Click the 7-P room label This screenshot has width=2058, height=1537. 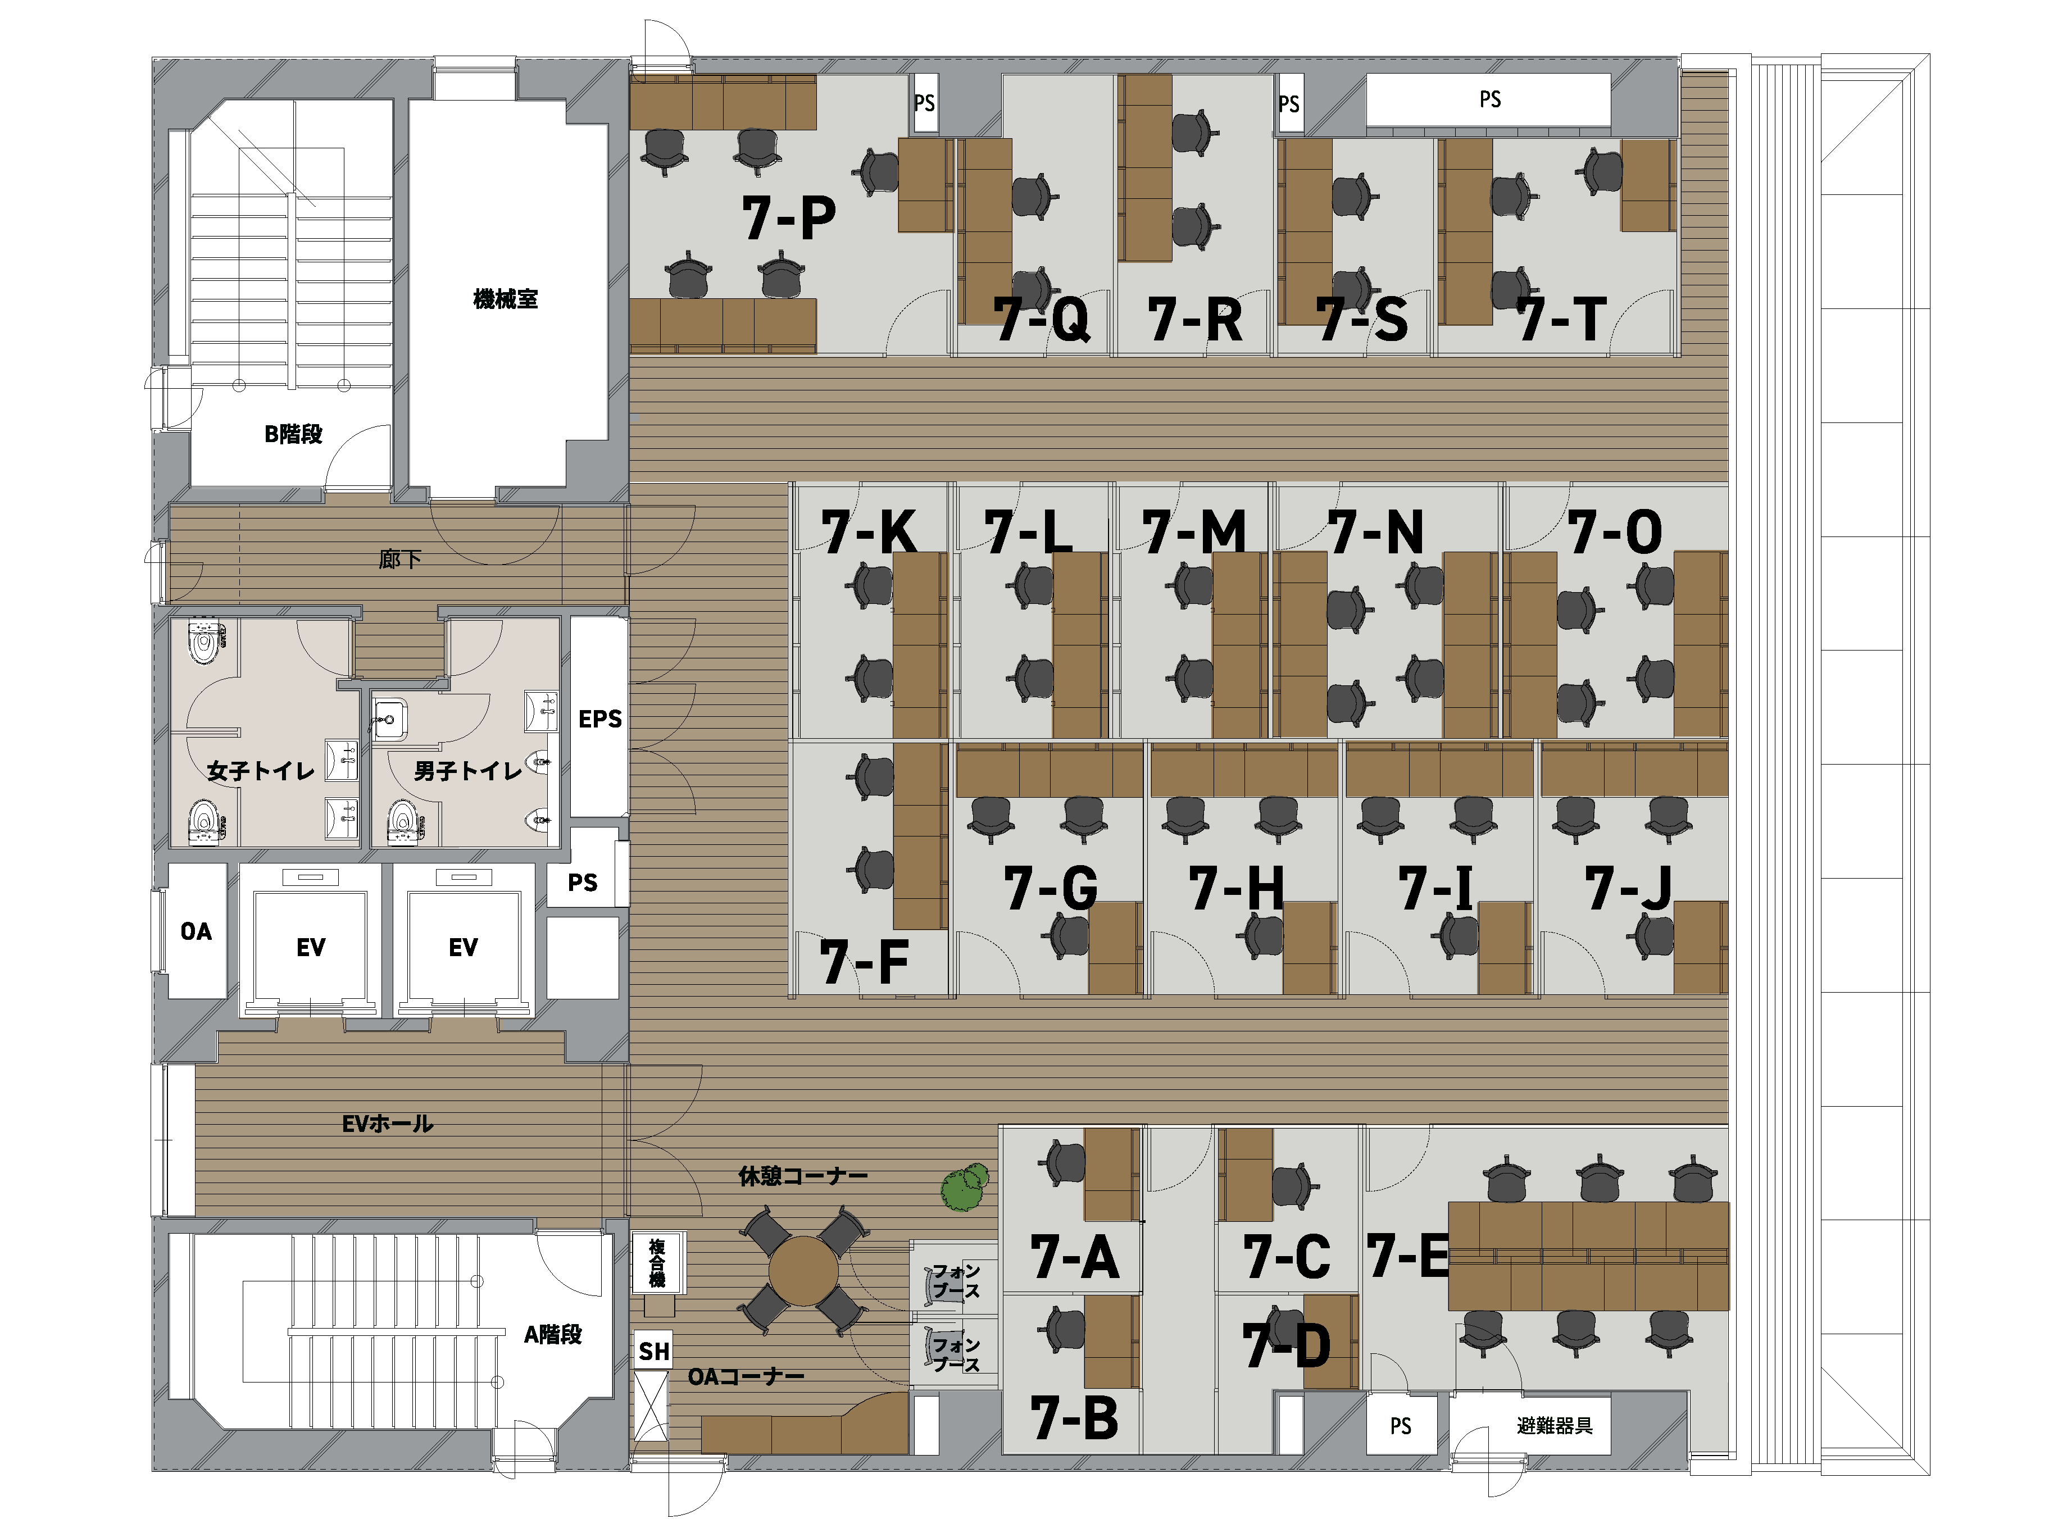(788, 219)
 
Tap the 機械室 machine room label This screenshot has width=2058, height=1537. (505, 299)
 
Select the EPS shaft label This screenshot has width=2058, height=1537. (600, 719)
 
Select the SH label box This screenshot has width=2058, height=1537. (653, 1351)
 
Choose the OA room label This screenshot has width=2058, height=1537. (196, 931)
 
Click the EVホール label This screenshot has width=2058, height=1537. (387, 1124)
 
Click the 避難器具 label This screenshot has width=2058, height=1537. (1555, 1425)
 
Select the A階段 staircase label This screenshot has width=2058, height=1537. (553, 1334)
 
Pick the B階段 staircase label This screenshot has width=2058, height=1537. (293, 434)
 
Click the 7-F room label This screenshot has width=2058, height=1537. (864, 962)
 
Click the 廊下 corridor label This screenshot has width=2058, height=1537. (400, 558)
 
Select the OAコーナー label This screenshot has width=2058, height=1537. (746, 1376)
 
